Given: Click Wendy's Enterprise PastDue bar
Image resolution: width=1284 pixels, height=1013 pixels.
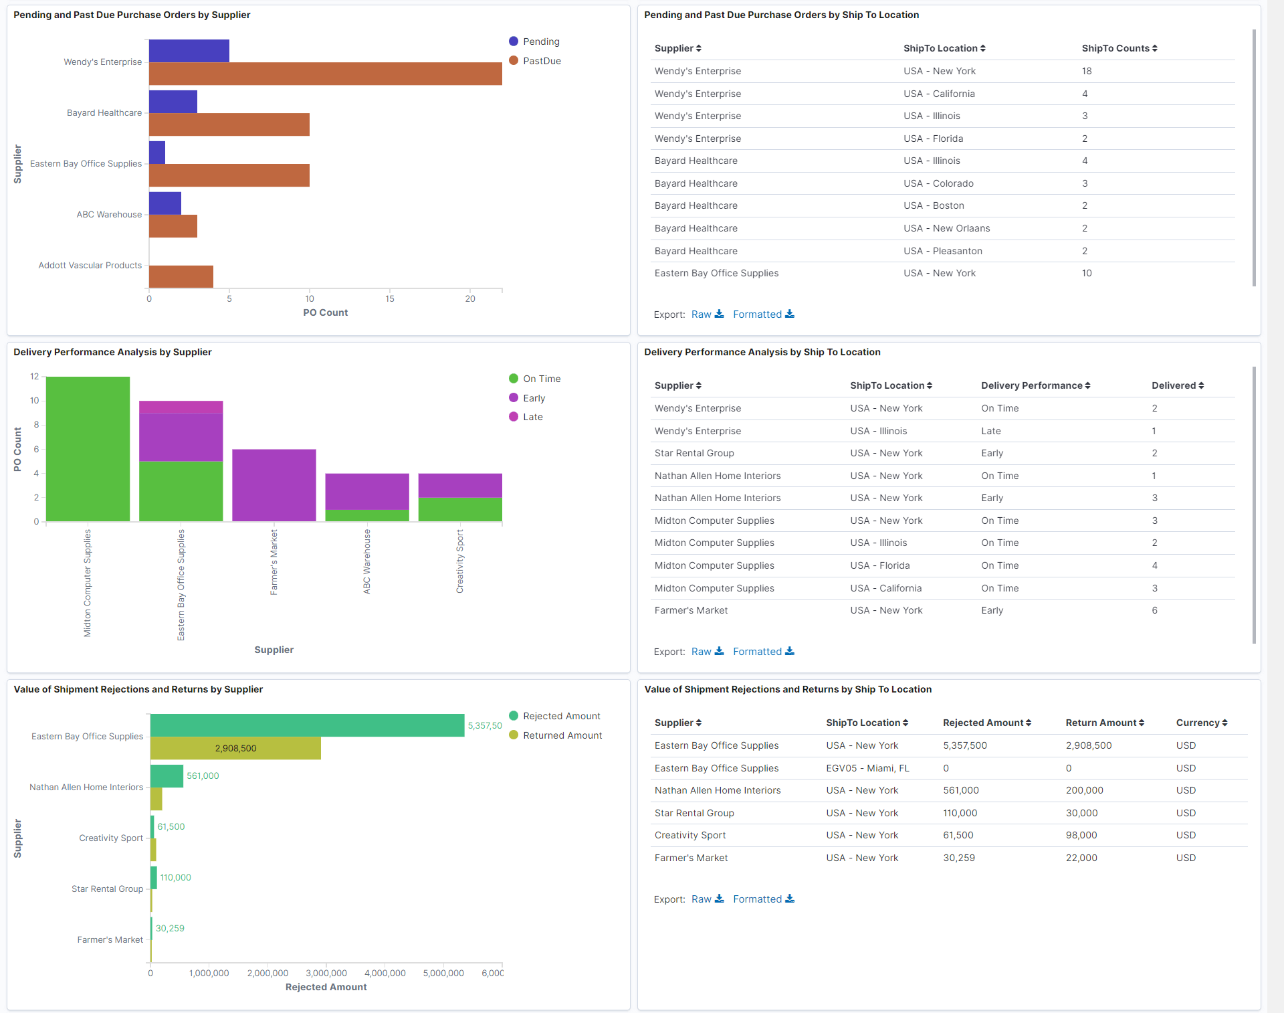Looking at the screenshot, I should click(x=325, y=74).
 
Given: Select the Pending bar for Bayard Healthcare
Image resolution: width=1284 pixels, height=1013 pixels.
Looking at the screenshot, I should click(x=173, y=102).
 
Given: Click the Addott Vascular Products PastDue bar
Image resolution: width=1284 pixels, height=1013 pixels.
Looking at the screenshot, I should click(x=181, y=276).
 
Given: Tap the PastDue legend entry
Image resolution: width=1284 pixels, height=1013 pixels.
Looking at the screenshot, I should click(x=541, y=61).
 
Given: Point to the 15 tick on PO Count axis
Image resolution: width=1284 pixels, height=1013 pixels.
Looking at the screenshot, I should click(x=390, y=298).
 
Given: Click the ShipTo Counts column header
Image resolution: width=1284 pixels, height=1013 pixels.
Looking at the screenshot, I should click(x=1119, y=48).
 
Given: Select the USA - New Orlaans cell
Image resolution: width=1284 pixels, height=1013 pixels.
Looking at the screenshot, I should click(x=946, y=228).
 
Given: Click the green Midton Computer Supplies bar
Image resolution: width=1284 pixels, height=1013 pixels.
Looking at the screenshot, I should click(x=88, y=449).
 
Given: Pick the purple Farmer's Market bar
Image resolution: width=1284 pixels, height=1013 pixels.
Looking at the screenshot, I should click(x=274, y=485).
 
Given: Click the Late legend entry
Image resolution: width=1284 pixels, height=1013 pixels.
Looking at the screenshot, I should click(x=532, y=417).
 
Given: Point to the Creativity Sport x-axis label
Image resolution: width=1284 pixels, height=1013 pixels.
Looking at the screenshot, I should click(x=459, y=561).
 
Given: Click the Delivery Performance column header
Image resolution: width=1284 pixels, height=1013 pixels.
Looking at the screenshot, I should click(x=1035, y=385).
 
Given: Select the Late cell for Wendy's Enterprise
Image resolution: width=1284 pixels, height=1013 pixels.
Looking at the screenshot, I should click(x=990, y=431).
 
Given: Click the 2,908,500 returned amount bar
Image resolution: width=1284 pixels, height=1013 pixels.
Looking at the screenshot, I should click(x=235, y=748).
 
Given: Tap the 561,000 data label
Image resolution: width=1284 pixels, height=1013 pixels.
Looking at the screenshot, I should click(x=203, y=775).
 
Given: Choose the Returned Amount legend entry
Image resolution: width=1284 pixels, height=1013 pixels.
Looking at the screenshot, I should click(x=562, y=735).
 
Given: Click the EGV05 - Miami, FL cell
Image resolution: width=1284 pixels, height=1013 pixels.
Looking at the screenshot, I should click(x=867, y=768).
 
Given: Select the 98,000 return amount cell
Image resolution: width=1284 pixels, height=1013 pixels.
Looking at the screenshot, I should click(x=1081, y=835).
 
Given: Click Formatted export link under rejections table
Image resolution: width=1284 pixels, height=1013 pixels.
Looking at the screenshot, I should click(x=763, y=899).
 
